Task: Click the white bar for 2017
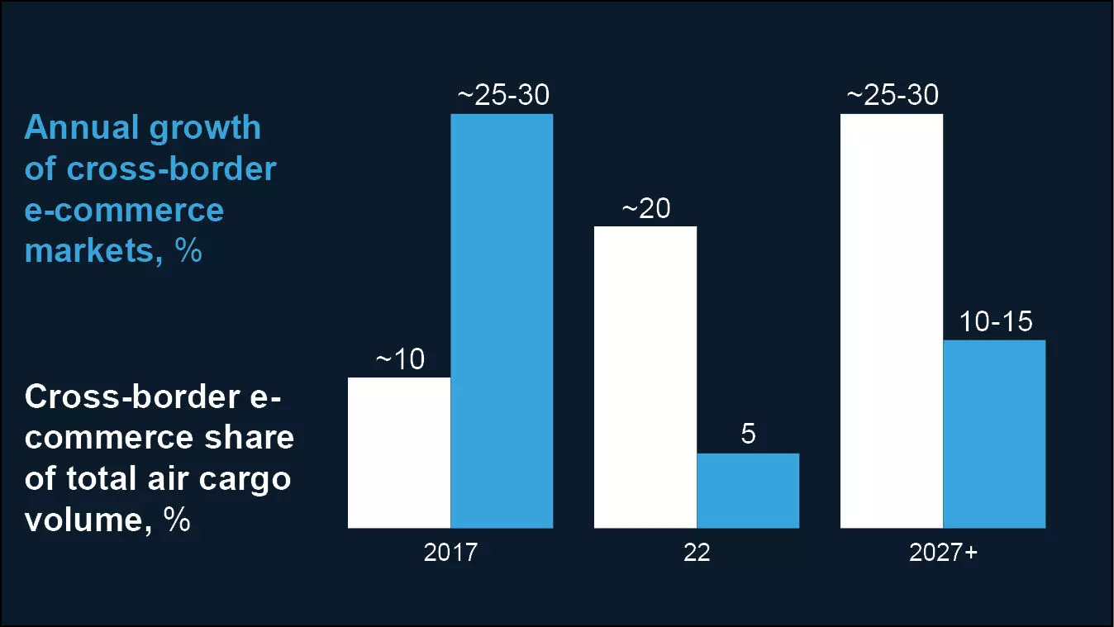(399, 453)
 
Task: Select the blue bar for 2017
(502, 321)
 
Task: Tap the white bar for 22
(645, 377)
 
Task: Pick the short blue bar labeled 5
(748, 491)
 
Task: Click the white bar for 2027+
(892, 321)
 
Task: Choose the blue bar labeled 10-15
(994, 434)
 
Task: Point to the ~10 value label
(400, 360)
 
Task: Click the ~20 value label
(645, 209)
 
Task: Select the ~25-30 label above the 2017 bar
(502, 96)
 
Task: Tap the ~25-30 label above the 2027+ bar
(892, 96)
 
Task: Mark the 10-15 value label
(996, 321)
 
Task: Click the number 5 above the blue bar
(748, 435)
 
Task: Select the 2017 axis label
(450, 553)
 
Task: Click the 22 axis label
(697, 553)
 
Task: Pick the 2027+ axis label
(943, 553)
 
